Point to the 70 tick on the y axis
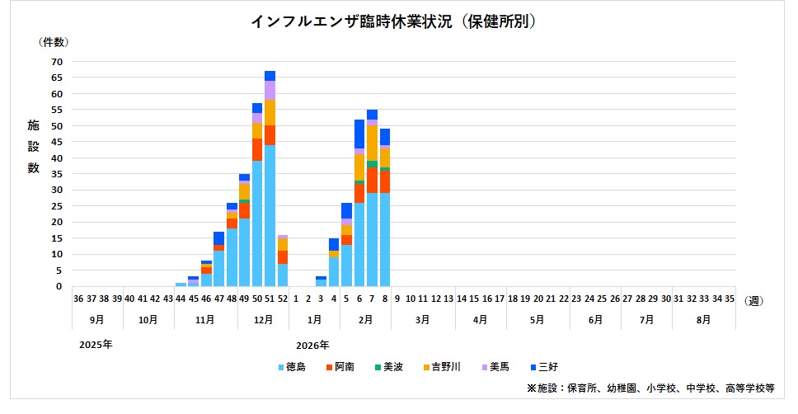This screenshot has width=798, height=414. pyautogui.click(x=57, y=62)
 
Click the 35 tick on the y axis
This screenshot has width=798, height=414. pyautogui.click(x=57, y=174)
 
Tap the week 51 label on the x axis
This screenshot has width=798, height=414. pyautogui.click(x=270, y=299)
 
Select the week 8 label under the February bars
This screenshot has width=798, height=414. pyautogui.click(x=385, y=299)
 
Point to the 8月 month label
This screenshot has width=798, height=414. pyautogui.click(x=703, y=318)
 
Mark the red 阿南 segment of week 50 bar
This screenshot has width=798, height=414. pyautogui.click(x=257, y=150)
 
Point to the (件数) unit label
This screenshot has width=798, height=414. pyautogui.click(x=54, y=41)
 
